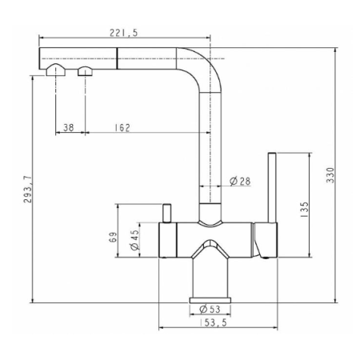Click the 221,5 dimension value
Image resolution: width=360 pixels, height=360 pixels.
point(124,33)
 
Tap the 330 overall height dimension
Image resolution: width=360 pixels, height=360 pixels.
point(330,175)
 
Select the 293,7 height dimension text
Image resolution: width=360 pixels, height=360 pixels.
point(28,190)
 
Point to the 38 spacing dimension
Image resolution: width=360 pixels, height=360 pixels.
point(69,127)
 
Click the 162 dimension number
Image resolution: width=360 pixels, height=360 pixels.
point(122,128)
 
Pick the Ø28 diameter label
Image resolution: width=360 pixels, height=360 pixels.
point(240,182)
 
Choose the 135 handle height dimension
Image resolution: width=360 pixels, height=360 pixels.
point(304,210)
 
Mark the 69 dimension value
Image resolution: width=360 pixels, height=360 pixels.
point(113,237)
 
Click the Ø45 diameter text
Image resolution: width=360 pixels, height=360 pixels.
point(134,240)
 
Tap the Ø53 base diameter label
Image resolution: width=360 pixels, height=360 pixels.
point(210,310)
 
